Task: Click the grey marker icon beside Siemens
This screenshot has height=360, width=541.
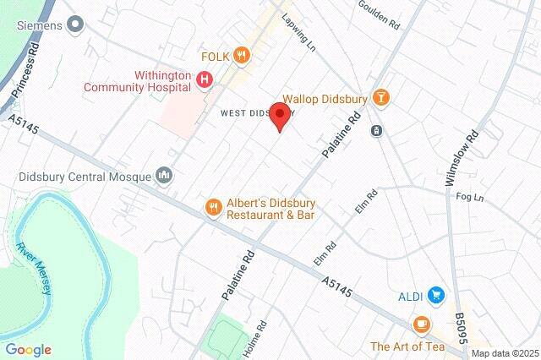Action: (x=76, y=25)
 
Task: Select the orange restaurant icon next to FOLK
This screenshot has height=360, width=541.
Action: (x=243, y=56)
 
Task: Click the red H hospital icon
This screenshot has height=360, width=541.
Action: (x=204, y=80)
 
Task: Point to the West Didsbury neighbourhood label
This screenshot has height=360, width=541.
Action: (x=254, y=112)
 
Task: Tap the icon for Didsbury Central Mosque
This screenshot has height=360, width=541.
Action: (x=164, y=177)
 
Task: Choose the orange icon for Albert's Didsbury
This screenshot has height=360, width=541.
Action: (x=214, y=206)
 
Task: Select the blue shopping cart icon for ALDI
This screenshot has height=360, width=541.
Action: (x=436, y=295)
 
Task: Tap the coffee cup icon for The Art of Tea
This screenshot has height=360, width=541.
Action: (x=421, y=325)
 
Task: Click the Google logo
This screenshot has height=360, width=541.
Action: (x=28, y=350)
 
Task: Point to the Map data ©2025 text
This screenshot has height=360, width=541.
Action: (x=504, y=353)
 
